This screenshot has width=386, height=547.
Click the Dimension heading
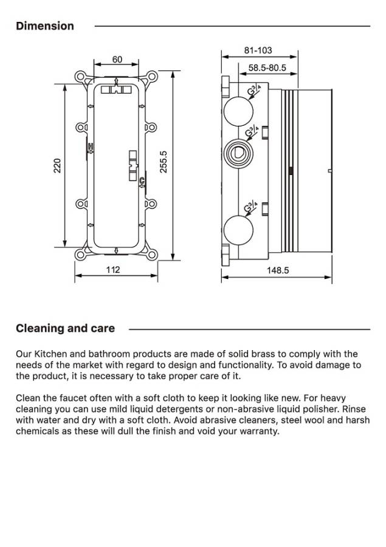tap(45, 26)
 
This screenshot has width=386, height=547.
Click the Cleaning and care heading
tap(65, 329)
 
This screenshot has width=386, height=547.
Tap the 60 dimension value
tap(117, 60)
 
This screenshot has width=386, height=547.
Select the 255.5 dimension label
tap(164, 162)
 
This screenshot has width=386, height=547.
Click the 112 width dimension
tap(113, 270)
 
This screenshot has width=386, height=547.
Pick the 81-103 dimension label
tap(258, 50)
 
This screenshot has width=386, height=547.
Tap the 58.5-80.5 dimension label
tap(267, 68)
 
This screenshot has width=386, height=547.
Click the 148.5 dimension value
tap(278, 270)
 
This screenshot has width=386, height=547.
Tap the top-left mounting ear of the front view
tap(80, 77)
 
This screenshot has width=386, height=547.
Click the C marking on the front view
tap(142, 181)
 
